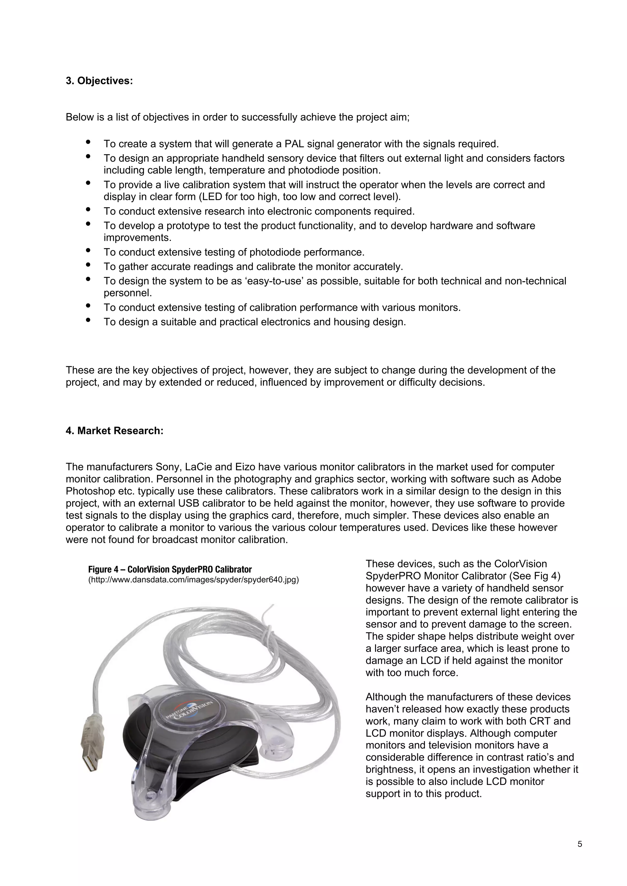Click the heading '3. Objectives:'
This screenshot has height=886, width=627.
pos(99,81)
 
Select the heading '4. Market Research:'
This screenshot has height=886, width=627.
pos(115,431)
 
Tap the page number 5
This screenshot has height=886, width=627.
pos(580,844)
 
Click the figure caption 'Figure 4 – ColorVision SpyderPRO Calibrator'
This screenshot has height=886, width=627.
pos(170,570)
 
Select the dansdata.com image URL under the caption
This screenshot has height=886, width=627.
pos(193,580)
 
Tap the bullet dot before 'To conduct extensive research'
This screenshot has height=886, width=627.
pos(88,209)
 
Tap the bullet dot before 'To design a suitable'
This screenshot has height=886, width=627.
pos(88,320)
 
